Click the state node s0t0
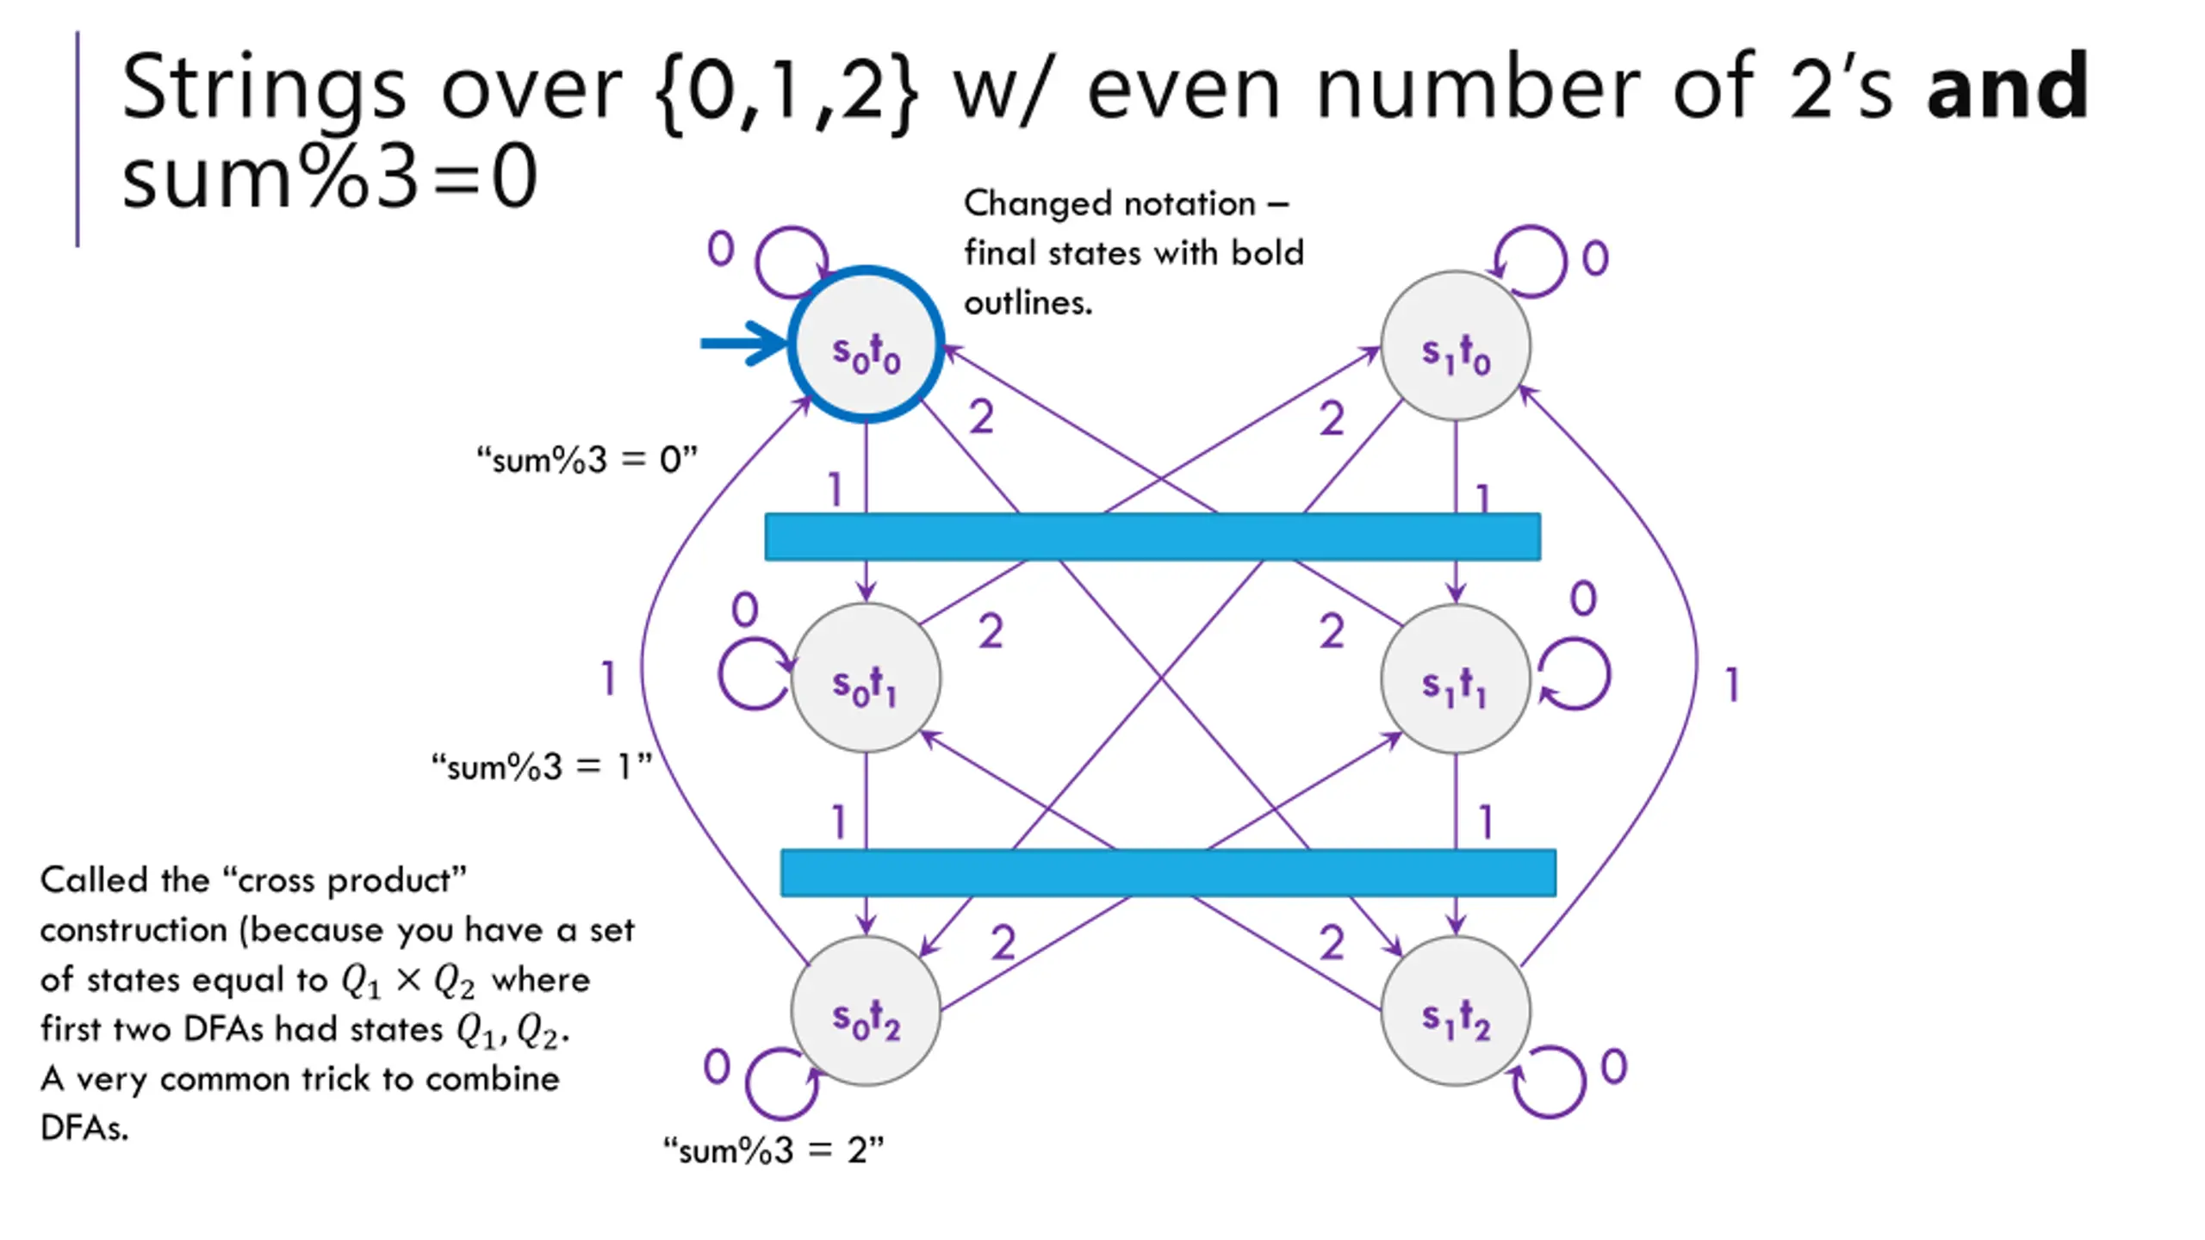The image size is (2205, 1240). (866, 344)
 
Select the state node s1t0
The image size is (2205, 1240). (1456, 346)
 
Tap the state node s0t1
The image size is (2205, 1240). (866, 678)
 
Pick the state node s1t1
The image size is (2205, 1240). (1456, 679)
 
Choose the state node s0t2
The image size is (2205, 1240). (866, 1010)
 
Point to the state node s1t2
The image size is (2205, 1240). (1456, 1010)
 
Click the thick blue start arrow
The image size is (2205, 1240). (744, 344)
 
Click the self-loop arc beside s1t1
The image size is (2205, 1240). (1607, 673)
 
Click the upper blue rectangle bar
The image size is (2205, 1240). (1152, 536)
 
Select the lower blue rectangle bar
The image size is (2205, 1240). (1168, 872)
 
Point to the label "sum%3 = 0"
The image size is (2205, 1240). (587, 460)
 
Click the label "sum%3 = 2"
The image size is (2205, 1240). (773, 1150)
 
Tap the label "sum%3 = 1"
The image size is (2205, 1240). (541, 766)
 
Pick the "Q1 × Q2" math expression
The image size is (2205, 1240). (408, 981)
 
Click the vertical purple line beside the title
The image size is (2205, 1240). (78, 139)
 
